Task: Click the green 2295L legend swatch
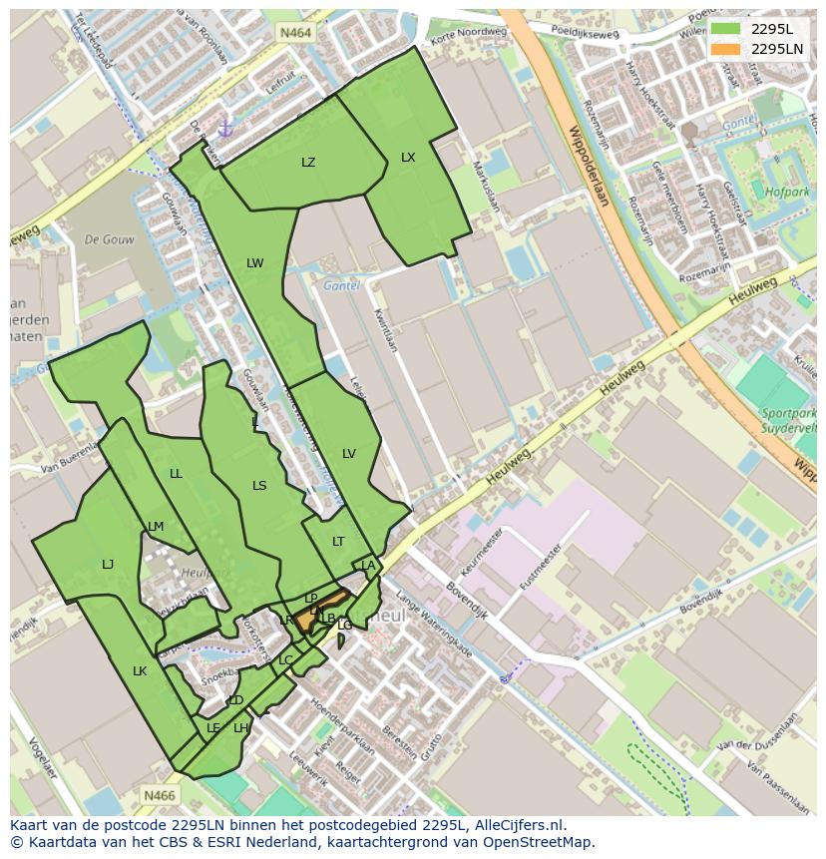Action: pos(725,29)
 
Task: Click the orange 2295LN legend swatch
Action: pos(725,48)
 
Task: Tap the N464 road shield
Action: pos(295,33)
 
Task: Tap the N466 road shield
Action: pos(159,795)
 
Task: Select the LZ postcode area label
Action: pos(308,163)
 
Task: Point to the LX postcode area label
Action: pos(408,158)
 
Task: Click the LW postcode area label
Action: pos(255,263)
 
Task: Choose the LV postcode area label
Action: pos(349,454)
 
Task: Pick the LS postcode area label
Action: pos(259,486)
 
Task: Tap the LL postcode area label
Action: pos(176,474)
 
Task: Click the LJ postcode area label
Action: pos(108,565)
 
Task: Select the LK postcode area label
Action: pos(140,671)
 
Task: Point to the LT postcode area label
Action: pos(338,542)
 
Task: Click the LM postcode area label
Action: pos(156,527)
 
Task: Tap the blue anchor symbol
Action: pos(225,129)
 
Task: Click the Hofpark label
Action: pos(785,191)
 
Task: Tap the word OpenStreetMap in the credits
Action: pos(538,842)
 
